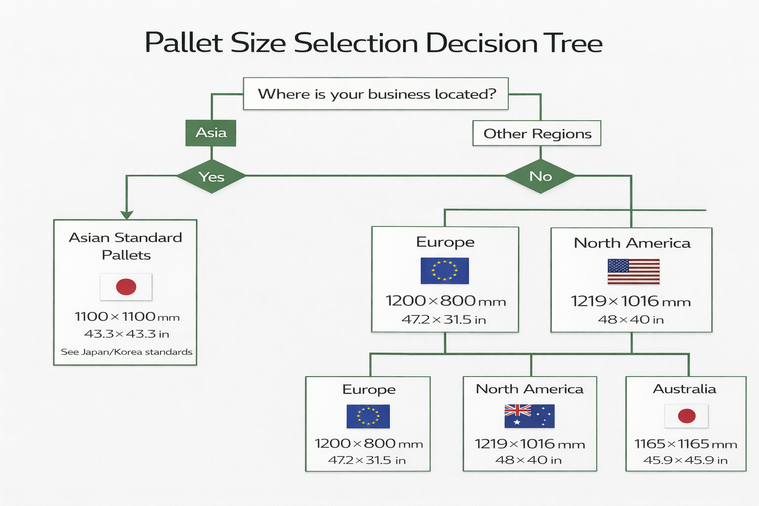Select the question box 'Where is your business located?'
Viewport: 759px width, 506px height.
tap(376, 94)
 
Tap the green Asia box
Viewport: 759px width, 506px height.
tap(211, 133)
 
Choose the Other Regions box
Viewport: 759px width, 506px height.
tap(537, 133)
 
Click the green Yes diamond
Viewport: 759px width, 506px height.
tap(211, 176)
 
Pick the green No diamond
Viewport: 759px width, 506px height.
tap(541, 176)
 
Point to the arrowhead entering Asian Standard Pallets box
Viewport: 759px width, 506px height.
tap(127, 215)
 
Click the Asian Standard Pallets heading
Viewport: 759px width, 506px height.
tap(126, 246)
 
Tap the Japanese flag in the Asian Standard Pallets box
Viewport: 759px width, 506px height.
tap(126, 287)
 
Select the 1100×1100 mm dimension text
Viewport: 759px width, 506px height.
tap(127, 316)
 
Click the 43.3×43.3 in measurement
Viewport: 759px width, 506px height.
tap(126, 334)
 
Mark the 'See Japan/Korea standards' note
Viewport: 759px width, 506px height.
tap(126, 352)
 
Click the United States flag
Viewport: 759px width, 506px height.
tap(633, 271)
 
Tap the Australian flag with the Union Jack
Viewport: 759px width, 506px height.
tap(529, 416)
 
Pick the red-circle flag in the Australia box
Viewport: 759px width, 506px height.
tap(686, 416)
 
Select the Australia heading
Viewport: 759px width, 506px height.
tap(685, 389)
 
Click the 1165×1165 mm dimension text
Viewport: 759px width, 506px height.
tap(686, 444)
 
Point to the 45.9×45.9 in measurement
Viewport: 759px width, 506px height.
tap(685, 461)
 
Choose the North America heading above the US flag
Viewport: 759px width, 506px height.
tap(632, 243)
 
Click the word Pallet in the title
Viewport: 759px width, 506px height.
tap(183, 43)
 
